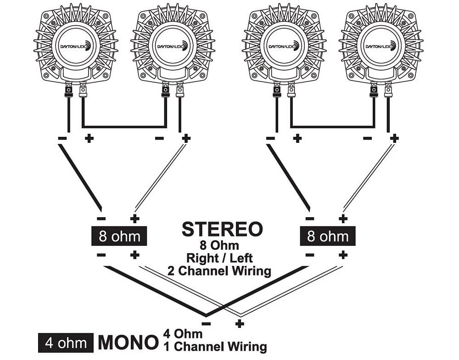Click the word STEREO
click(222, 229)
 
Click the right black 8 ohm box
click(328, 237)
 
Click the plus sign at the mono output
click(239, 324)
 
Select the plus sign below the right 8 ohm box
click(342, 255)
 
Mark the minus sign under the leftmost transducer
click(62, 137)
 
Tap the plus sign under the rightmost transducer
click(394, 137)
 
